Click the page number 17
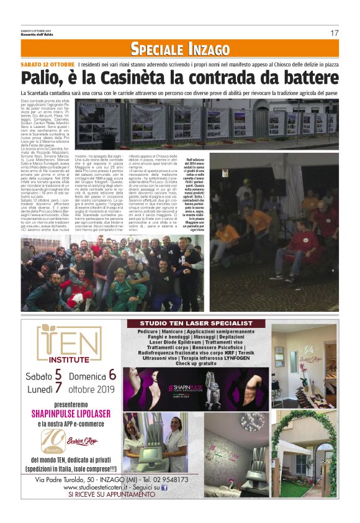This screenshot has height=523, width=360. click(334, 33)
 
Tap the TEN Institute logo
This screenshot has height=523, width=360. click(69, 345)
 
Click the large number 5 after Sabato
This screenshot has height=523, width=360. click(58, 374)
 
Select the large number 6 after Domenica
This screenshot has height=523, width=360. click(112, 374)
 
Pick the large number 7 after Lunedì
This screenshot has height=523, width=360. click(58, 389)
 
